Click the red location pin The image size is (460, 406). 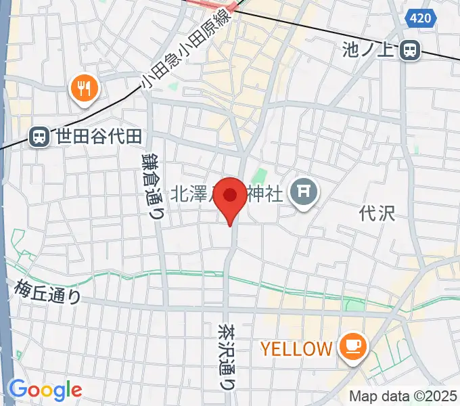click(x=231, y=197)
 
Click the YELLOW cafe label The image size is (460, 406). click(x=297, y=349)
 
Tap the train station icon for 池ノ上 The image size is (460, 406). click(x=409, y=49)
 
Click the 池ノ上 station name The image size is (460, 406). click(x=371, y=49)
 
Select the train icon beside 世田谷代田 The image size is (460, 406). click(x=41, y=137)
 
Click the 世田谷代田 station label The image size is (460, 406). click(x=99, y=137)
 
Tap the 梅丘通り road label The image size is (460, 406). click(x=47, y=292)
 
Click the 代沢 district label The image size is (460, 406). click(x=377, y=213)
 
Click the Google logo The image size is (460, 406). click(x=45, y=390)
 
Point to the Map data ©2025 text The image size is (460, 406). click(x=403, y=397)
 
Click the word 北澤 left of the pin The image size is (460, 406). click(x=191, y=194)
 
